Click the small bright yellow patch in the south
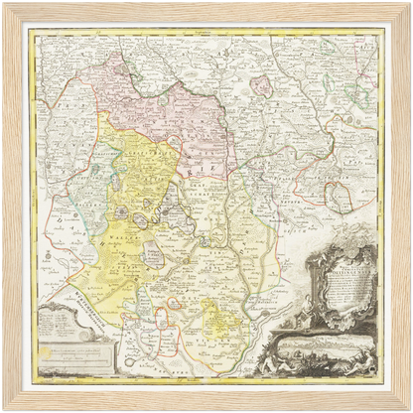coord(221,320)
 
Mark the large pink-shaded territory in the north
coord(159,109)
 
